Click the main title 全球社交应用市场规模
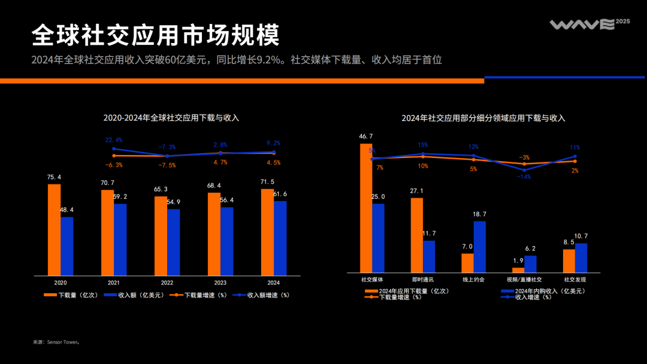(x=156, y=35)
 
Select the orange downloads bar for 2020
(x=54, y=229)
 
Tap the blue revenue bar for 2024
(x=280, y=238)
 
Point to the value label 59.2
(x=120, y=196)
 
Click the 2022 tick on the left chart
(x=167, y=283)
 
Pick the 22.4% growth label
(x=114, y=140)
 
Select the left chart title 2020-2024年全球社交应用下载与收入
(x=171, y=118)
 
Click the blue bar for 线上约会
(x=480, y=247)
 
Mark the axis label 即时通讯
(x=422, y=280)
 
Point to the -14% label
(x=524, y=177)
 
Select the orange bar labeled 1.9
(x=518, y=270)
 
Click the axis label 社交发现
(x=575, y=280)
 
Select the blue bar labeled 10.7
(x=581, y=257)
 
